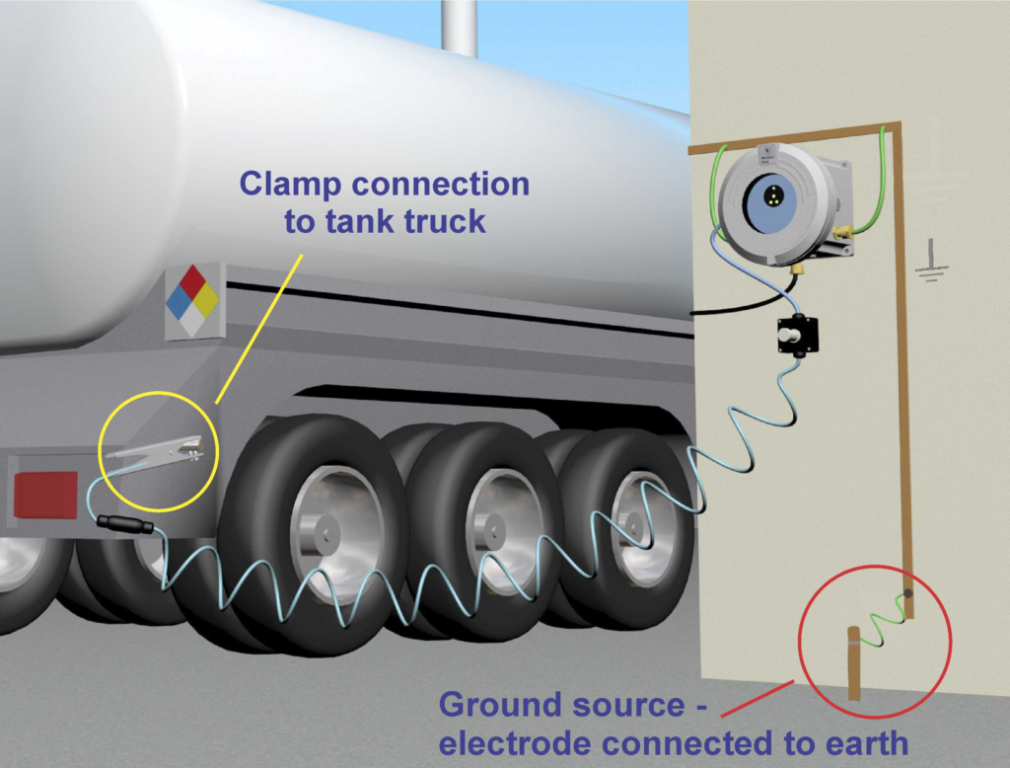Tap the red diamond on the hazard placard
click(x=192, y=281)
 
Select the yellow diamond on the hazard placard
click(x=206, y=300)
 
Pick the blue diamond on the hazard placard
click(x=179, y=301)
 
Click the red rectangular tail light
click(x=45, y=495)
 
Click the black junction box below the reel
click(x=797, y=335)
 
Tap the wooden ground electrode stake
click(x=853, y=663)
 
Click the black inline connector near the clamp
click(x=125, y=523)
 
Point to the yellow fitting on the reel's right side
click(x=842, y=231)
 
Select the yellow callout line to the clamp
click(x=258, y=329)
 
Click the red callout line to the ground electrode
click(x=757, y=698)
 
